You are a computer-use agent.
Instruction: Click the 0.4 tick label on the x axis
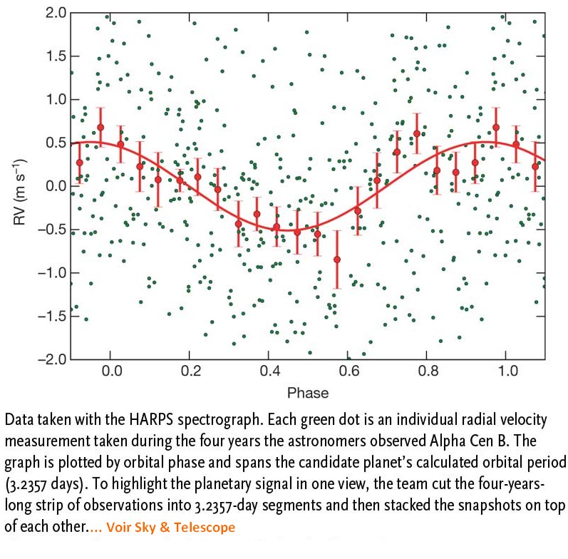click(x=269, y=371)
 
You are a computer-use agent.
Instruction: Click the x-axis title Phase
click(x=307, y=393)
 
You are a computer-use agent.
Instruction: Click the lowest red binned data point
click(x=337, y=260)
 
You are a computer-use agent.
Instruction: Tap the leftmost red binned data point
click(x=80, y=163)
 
